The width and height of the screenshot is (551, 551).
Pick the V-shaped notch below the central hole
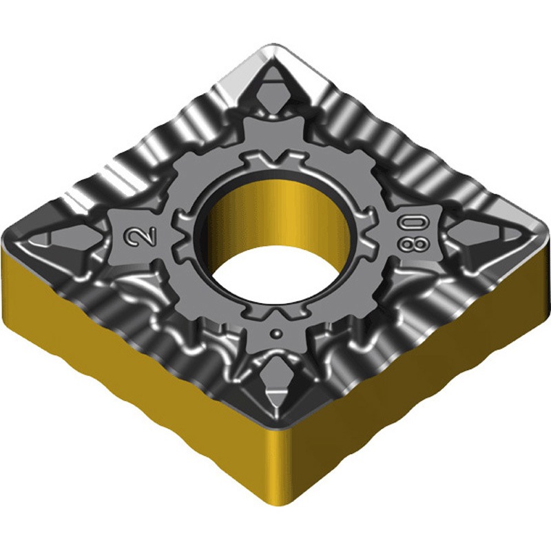click(x=277, y=311)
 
